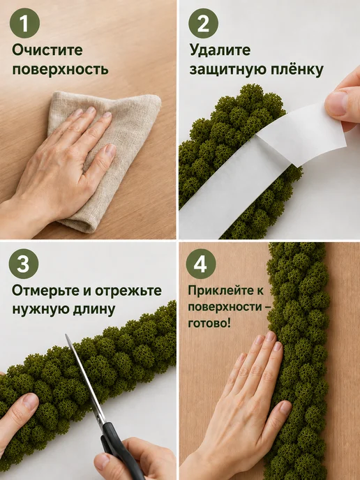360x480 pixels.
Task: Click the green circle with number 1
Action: pos(25,23)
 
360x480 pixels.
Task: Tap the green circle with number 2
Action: pos(203,23)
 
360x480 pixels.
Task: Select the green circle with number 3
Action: pos(24,264)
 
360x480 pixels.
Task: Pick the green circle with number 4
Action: pos(201,264)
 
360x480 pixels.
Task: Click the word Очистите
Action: pos(47,50)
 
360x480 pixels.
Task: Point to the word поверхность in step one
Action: pos(60,70)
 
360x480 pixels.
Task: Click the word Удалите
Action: pos(220,50)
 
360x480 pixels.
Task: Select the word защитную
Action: pos(227,70)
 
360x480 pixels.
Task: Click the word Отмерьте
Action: pos(45,290)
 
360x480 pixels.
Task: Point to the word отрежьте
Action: pos(128,290)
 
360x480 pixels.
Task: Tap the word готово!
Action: pos(209,323)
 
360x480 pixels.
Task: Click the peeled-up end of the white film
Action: pos(303,132)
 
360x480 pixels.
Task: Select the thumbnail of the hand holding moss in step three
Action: pos(30,401)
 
